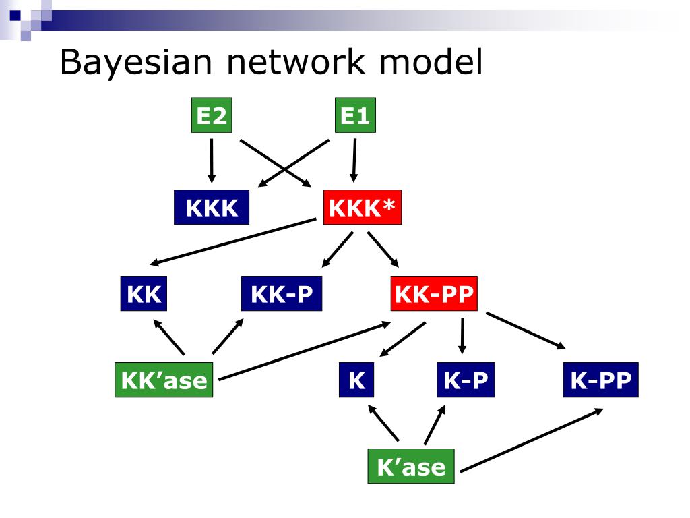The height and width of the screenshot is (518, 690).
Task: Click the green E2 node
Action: pos(212,117)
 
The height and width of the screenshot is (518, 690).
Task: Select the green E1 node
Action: pos(355,117)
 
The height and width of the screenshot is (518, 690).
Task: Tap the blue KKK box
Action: pos(212,207)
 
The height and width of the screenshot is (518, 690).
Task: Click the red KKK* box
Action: pos(363,207)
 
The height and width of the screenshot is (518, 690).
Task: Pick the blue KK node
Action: pos(144,294)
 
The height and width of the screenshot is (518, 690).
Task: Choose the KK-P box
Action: pos(282,294)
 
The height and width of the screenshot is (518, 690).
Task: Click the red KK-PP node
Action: pos(434,294)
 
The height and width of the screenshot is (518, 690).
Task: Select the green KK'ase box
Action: pos(164,380)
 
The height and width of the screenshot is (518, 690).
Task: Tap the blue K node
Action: pos(356,380)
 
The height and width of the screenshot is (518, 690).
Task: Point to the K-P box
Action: pos(465,380)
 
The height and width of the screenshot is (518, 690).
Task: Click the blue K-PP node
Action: pos(600,380)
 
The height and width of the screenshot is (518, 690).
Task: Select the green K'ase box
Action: pos(411,467)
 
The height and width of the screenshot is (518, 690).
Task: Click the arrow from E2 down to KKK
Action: pos(212,161)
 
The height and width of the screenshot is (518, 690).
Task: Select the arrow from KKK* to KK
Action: pos(232,241)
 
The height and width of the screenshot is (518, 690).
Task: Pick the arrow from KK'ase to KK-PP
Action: pos(305,351)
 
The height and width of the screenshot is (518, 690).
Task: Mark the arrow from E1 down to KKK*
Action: pos(354,161)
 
